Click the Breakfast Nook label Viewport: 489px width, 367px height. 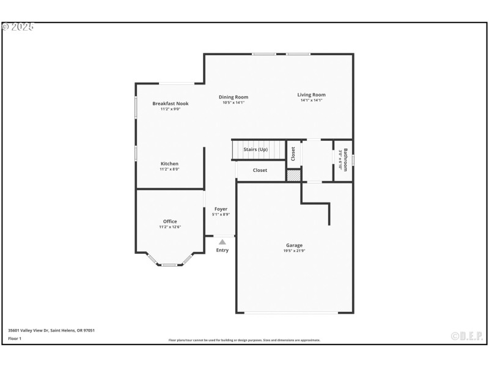coord(170,103)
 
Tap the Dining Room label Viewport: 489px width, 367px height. coord(233,97)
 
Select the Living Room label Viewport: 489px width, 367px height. coord(311,95)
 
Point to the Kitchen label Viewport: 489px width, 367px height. coord(169,163)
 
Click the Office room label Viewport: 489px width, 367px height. coord(170,221)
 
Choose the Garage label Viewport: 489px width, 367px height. coord(294,245)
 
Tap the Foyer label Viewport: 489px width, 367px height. coord(221,209)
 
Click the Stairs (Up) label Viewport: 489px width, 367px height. coord(256,149)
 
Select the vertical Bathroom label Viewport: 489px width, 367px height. coord(345,160)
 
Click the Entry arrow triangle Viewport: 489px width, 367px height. coord(222,242)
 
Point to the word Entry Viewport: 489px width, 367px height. coord(222,250)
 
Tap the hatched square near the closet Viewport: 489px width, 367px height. coord(294,175)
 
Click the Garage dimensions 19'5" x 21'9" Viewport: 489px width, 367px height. coord(294,251)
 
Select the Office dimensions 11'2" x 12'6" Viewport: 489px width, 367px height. coord(170,227)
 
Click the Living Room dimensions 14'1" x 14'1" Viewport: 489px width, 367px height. coord(311,100)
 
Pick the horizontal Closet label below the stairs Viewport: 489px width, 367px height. coord(260,170)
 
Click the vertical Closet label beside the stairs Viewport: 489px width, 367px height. coord(293,154)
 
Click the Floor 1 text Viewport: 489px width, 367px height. coord(15,338)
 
